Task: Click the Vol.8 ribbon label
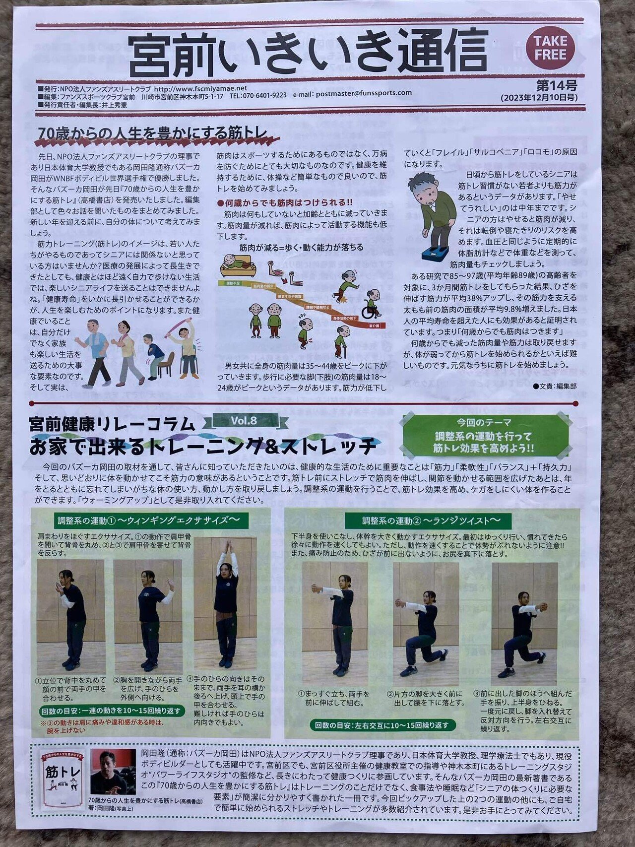click(244, 421)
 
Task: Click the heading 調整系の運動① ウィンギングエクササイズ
click(149, 521)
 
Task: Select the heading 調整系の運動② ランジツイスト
click(430, 521)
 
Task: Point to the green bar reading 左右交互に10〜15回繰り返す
click(384, 725)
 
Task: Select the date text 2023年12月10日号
click(539, 98)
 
